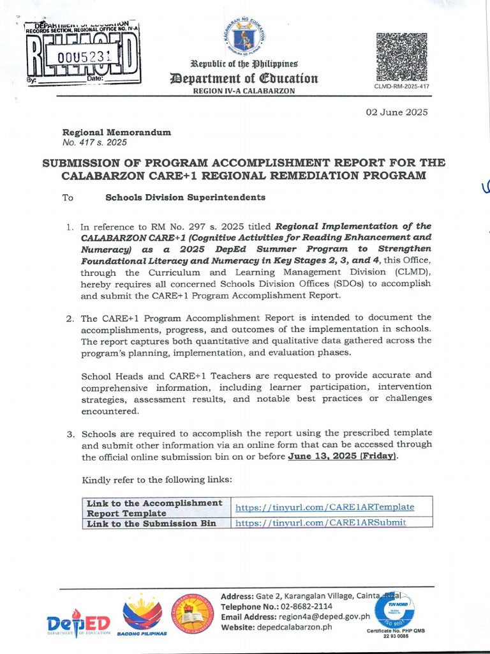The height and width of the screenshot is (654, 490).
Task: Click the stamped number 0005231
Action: click(84, 56)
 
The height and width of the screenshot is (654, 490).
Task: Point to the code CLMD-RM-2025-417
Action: click(401, 86)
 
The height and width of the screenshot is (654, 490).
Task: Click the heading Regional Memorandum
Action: click(116, 132)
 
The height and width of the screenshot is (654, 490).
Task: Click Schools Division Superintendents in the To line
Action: click(185, 197)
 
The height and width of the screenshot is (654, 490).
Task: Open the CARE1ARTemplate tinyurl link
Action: click(325, 507)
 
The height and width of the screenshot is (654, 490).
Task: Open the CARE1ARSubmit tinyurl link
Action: click(321, 522)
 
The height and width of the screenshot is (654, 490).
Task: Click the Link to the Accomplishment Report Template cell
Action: click(154, 508)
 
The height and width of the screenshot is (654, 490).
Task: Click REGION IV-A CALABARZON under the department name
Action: click(243, 91)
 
